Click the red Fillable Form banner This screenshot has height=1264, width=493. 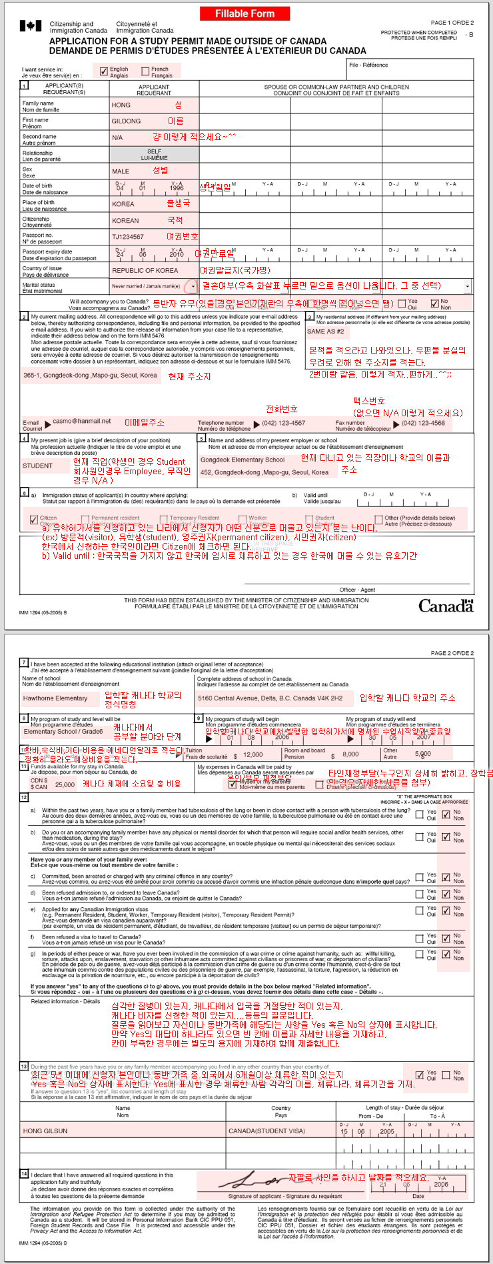coord(244,13)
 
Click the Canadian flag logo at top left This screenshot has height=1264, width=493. coord(30,26)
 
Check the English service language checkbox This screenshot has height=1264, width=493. coord(104,71)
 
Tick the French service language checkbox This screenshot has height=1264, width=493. coord(145,71)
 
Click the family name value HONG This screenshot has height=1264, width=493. coord(121,105)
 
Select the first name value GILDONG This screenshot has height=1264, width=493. coord(126,121)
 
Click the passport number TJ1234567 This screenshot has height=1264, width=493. coord(128,237)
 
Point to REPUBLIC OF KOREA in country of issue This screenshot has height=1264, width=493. coord(145,271)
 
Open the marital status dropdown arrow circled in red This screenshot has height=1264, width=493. coord(193,286)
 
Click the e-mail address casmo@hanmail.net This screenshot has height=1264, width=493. coord(82,421)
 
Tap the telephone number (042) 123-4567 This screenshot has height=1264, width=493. coord(283,423)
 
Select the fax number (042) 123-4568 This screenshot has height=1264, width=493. coord(423,423)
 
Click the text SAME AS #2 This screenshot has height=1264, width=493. coord(325,332)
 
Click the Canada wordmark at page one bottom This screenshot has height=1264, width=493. coord(446,606)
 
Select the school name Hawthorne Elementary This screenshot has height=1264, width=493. coord(55,698)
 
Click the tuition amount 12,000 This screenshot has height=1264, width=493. coord(252,754)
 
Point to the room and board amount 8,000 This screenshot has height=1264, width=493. coord(350,754)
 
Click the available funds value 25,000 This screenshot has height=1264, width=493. coord(65,784)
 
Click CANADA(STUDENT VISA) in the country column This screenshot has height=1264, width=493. coord(266,1131)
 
